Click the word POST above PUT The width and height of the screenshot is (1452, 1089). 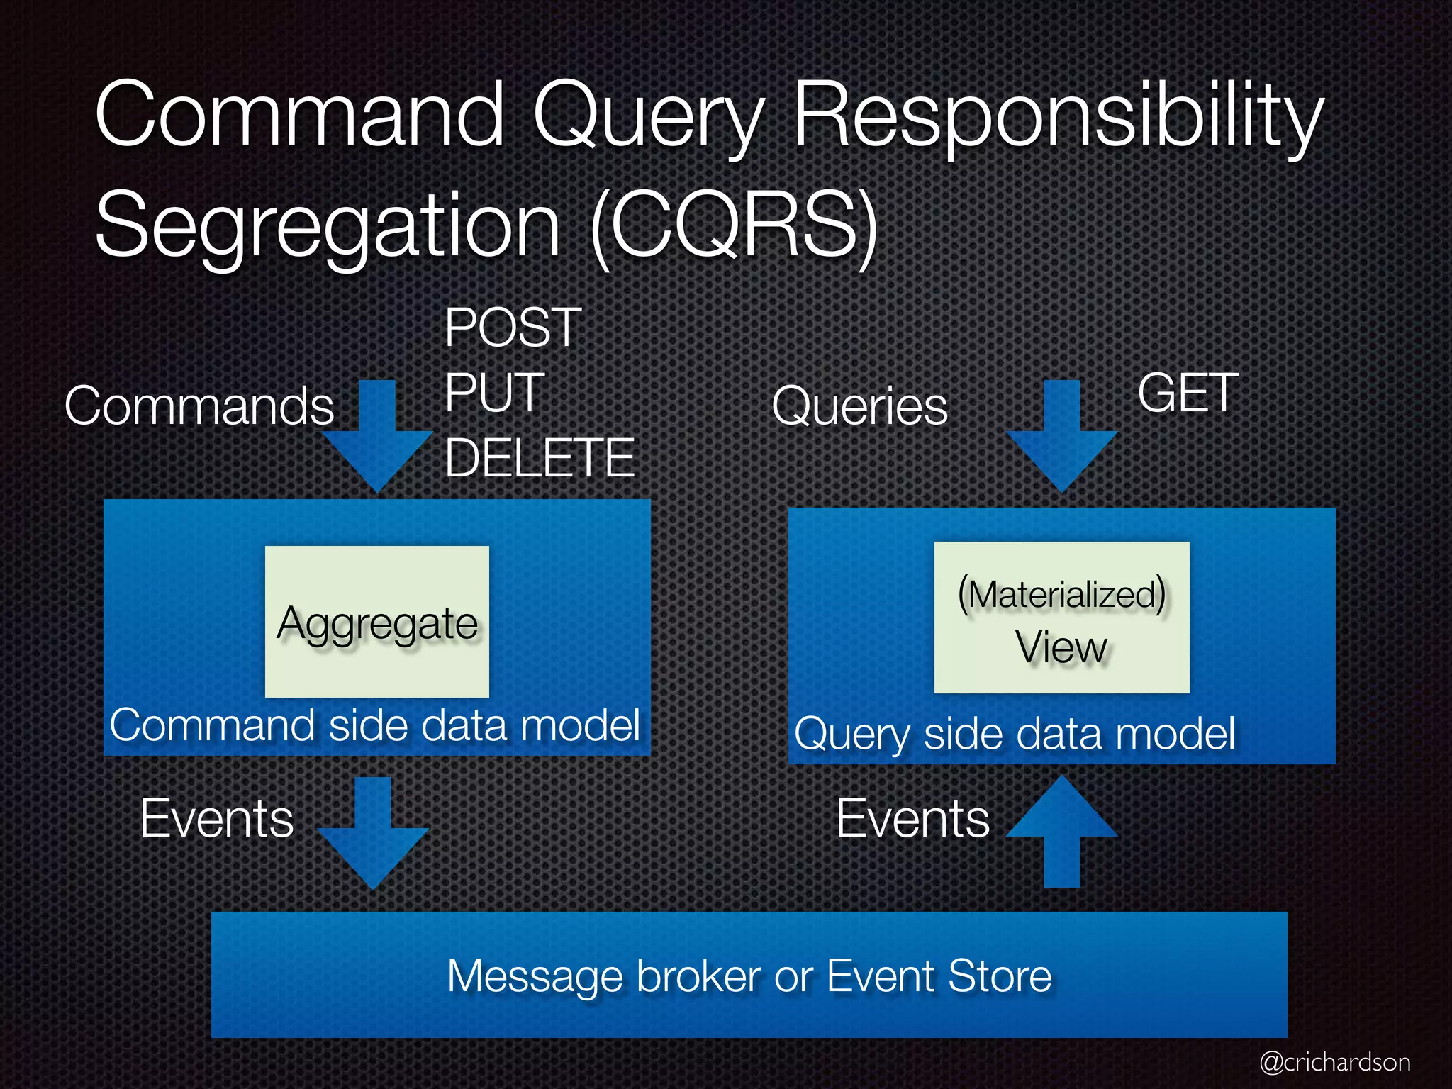(513, 328)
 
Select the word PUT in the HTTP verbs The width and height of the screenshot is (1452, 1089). (494, 393)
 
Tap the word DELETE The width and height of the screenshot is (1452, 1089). (540, 458)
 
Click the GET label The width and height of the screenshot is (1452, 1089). (1188, 393)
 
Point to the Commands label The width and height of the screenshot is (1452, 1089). (199, 406)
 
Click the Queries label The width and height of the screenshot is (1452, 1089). (859, 406)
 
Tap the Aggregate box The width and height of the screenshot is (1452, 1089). (377, 621)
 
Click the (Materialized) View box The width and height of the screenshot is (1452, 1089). (1061, 618)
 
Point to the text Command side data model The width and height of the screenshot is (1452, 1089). (375, 725)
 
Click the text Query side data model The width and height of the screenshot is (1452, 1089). (1015, 733)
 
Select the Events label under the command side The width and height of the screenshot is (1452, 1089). (217, 819)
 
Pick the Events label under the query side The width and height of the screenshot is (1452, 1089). (913, 819)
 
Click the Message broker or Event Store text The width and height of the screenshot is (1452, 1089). (749, 976)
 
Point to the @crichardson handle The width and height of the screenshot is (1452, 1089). (1334, 1062)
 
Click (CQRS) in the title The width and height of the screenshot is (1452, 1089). (735, 225)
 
